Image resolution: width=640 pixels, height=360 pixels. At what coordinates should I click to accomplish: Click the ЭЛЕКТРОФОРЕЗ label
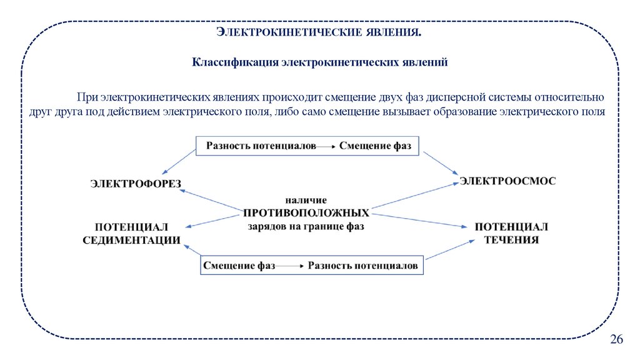[135, 183]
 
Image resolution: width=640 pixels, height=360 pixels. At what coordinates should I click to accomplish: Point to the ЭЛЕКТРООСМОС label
[507, 181]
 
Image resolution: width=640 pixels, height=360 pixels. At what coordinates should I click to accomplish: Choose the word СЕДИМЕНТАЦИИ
[132, 240]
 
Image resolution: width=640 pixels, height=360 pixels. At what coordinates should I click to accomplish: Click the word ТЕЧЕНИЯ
[512, 240]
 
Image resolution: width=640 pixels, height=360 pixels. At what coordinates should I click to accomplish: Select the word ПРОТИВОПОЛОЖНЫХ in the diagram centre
[306, 212]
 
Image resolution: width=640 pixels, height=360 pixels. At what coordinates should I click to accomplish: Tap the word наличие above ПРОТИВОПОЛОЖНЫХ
[306, 200]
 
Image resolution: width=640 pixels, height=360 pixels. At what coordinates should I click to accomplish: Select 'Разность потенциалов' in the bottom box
[362, 265]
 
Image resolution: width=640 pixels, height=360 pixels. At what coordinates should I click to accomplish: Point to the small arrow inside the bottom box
[291, 266]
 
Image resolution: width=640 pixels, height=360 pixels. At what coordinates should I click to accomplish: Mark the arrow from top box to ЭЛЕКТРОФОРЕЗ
[178, 161]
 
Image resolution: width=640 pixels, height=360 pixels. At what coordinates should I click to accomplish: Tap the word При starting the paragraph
[87, 98]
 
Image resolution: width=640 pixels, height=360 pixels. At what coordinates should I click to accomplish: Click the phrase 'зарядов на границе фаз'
[306, 227]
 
